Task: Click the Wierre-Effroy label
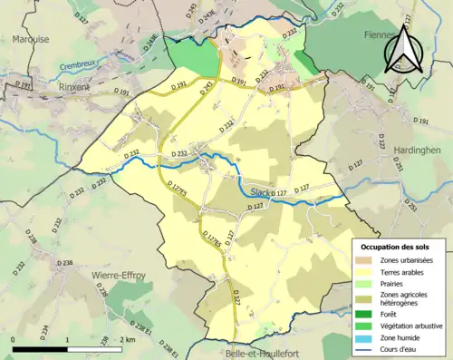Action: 118,274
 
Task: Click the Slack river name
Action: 260,192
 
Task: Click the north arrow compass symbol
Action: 405,51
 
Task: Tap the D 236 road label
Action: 32,238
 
